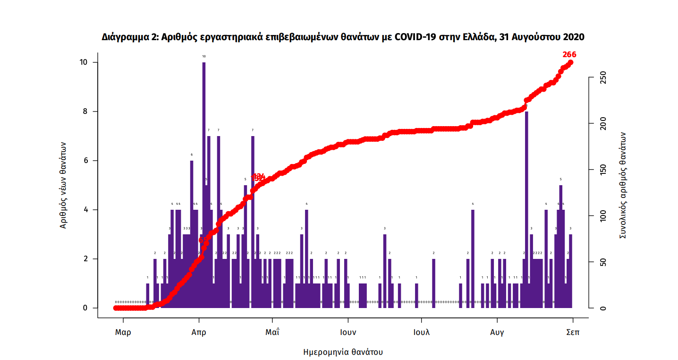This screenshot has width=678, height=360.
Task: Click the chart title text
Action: [343, 37]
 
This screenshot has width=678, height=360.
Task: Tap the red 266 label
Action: [569, 55]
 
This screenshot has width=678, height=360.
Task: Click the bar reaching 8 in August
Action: [526, 189]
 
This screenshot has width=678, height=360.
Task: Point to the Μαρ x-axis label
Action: [123, 332]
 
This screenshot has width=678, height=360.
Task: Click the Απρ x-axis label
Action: [199, 332]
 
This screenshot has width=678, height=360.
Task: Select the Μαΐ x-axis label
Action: [272, 332]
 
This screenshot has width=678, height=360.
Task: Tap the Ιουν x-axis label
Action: [348, 332]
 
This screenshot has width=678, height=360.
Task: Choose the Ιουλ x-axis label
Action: [422, 332]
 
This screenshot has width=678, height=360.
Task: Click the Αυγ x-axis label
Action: [497, 332]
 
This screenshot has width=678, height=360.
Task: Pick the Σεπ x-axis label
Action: [573, 332]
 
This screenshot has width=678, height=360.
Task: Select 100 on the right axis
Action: [599, 216]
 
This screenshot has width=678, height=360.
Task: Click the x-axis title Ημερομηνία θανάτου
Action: [343, 352]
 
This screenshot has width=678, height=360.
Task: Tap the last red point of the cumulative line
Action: [570, 62]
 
